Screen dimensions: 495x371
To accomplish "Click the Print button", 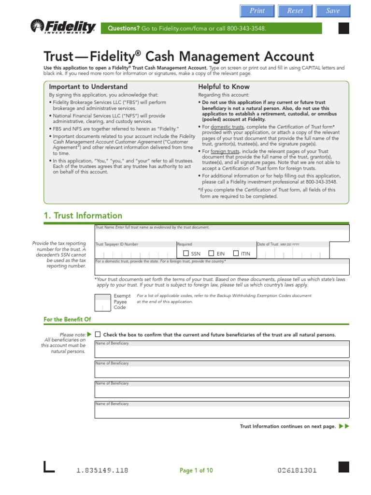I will coord(257,11).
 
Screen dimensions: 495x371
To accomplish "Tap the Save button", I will coord(333,11).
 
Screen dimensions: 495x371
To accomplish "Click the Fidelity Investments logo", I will coord(63,28).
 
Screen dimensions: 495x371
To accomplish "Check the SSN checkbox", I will coord(186,253).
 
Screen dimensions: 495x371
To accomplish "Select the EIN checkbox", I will coord(211,253).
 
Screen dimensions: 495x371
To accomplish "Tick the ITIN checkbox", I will coord(236,253).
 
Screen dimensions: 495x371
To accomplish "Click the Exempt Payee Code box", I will coord(102,302).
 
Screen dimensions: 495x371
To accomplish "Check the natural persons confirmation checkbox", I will coord(98,334).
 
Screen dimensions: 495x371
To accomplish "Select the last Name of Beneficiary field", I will coord(222,411).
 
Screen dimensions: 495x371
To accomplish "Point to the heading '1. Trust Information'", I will coord(83,216).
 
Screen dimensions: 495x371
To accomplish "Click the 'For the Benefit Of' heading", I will coord(67,320).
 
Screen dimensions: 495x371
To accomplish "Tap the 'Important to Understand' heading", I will coord(88,87).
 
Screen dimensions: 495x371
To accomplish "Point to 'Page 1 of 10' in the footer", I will coord(196,470).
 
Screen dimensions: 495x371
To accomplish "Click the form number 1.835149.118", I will coord(102,470).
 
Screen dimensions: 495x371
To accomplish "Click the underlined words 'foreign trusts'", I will coord(224,151).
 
